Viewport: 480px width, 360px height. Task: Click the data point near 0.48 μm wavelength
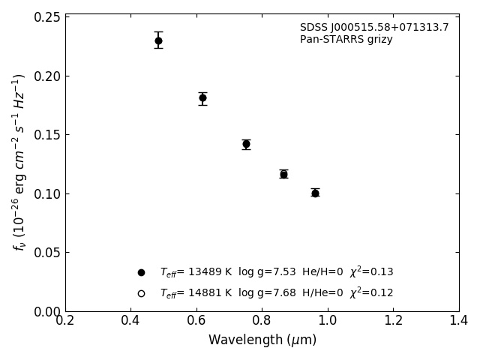[158, 40]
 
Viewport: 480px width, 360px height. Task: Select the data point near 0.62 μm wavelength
[202, 97]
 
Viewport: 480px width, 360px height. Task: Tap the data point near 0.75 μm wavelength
[246, 144]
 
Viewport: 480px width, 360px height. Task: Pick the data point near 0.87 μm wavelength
[283, 174]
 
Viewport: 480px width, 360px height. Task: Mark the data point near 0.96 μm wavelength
[315, 193]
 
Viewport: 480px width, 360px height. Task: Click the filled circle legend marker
[141, 272]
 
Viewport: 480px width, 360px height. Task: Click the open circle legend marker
[141, 293]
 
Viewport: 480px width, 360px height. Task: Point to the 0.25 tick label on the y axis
[46, 17]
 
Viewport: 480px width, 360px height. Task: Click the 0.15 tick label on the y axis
[46, 135]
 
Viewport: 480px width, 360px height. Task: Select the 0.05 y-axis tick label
[46, 253]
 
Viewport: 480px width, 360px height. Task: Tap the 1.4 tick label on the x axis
[458, 321]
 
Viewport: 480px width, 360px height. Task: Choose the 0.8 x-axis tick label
[262, 321]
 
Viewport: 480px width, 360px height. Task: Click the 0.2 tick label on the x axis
[65, 321]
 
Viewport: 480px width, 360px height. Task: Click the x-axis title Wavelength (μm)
[262, 340]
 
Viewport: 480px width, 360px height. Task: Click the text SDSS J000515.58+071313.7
[374, 28]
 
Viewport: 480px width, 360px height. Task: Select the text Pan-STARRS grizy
[346, 40]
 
